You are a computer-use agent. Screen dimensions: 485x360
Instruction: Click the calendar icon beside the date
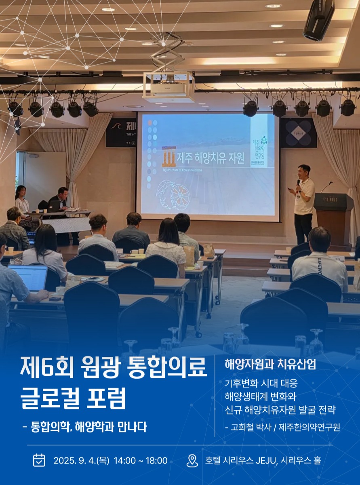[x=39, y=460]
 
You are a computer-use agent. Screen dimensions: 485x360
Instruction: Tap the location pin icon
[x=192, y=460]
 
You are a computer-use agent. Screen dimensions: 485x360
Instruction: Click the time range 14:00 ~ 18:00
[x=141, y=460]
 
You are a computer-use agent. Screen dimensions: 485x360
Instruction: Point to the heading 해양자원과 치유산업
[x=270, y=364]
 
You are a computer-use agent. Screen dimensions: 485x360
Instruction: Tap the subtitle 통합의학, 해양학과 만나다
[x=88, y=427]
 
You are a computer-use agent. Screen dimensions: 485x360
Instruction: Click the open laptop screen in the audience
[x=28, y=278]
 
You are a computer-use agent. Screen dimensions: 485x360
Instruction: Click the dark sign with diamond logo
[x=298, y=133]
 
